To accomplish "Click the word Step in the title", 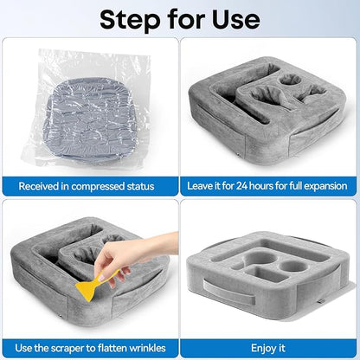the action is coord(130,20).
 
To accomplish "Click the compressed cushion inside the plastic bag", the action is coord(90,119).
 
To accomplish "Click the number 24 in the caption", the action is coord(241,186).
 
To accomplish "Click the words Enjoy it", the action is coord(268,348).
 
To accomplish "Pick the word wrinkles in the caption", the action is coord(147,348).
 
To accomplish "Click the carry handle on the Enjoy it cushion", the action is coord(228,292).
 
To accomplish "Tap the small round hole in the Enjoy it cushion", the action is coord(293,266).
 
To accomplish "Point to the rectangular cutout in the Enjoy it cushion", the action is coord(265,274).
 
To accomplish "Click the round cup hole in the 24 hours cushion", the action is coord(290,79).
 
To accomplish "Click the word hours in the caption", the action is coord(261,186).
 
